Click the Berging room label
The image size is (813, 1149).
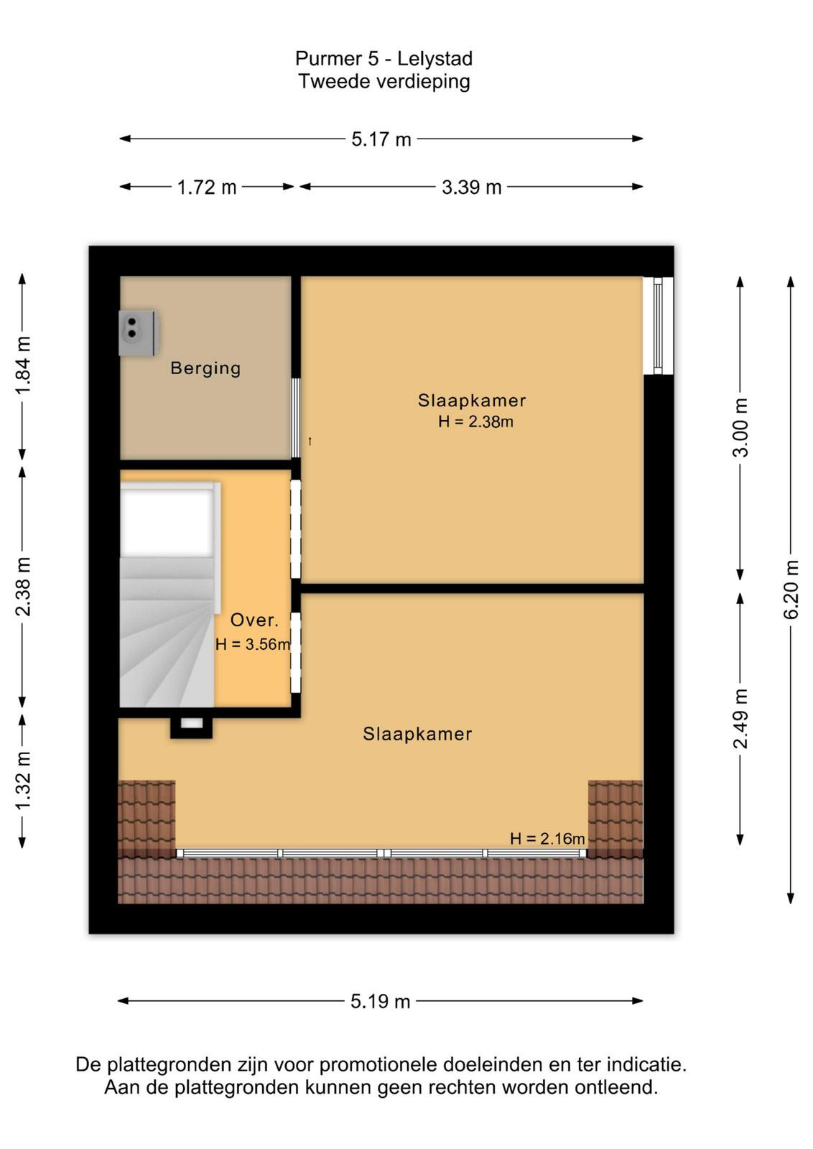coord(205,368)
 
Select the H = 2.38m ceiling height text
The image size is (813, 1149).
coord(475,422)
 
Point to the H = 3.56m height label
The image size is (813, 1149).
coord(253,643)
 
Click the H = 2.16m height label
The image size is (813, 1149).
coord(547,838)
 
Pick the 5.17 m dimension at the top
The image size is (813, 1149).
coord(381,139)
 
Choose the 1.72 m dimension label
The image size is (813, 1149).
coord(207,187)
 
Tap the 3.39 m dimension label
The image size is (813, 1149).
coord(471,187)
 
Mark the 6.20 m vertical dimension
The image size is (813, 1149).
coord(791,590)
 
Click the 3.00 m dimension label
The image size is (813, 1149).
coord(740,427)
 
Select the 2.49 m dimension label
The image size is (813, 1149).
coord(740,719)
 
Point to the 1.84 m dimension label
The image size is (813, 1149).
coord(22,366)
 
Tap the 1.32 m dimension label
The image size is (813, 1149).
coord(22,780)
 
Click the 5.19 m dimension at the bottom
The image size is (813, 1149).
coord(380,1001)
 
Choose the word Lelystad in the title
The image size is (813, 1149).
coord(435,58)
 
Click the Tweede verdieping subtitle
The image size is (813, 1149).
coord(384,82)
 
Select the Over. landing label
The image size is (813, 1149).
coord(254,620)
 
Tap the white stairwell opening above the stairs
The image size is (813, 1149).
coord(166,522)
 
